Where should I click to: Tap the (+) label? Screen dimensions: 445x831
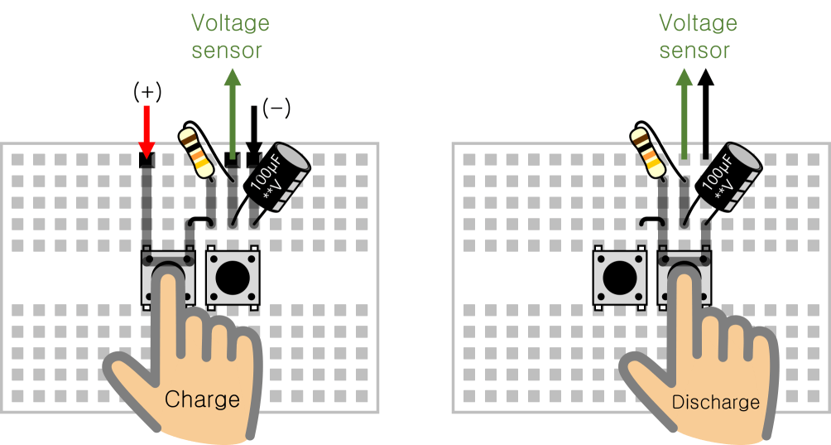[x=147, y=92]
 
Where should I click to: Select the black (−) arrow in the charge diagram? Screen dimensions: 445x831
[x=254, y=131]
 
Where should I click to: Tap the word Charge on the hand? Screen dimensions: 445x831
[x=202, y=399]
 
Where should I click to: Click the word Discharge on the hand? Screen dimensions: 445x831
[x=715, y=403]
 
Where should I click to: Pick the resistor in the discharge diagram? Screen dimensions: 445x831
[x=649, y=150]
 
